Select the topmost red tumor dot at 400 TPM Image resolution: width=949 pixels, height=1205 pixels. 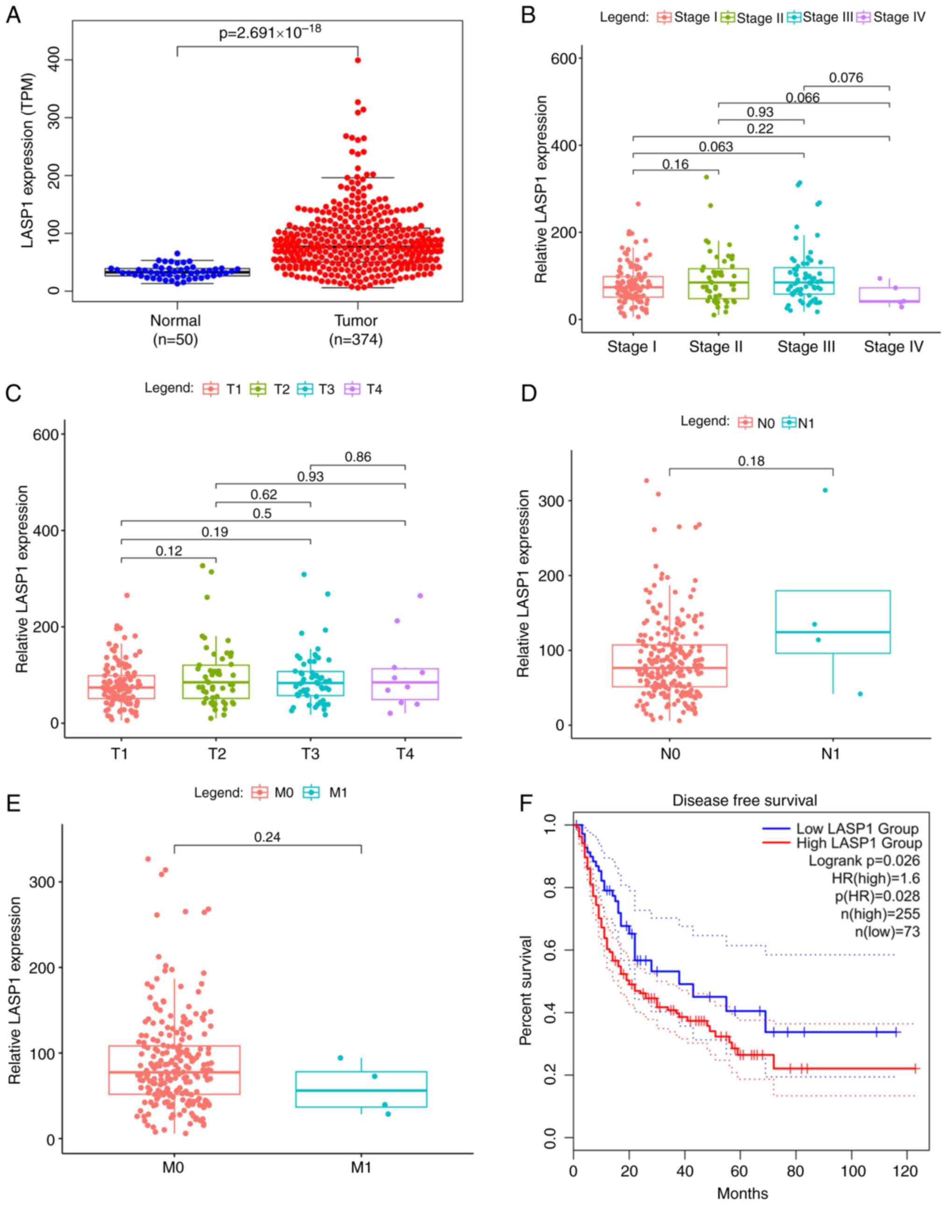(358, 60)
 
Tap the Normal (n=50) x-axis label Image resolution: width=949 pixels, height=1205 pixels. (176, 330)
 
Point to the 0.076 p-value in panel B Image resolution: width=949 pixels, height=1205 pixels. (846, 78)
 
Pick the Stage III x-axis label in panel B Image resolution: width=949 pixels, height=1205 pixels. (806, 347)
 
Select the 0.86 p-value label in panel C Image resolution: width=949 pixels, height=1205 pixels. (358, 457)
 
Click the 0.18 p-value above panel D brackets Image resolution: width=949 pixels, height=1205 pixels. (751, 461)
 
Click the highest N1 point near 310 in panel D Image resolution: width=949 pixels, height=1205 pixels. (825, 490)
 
